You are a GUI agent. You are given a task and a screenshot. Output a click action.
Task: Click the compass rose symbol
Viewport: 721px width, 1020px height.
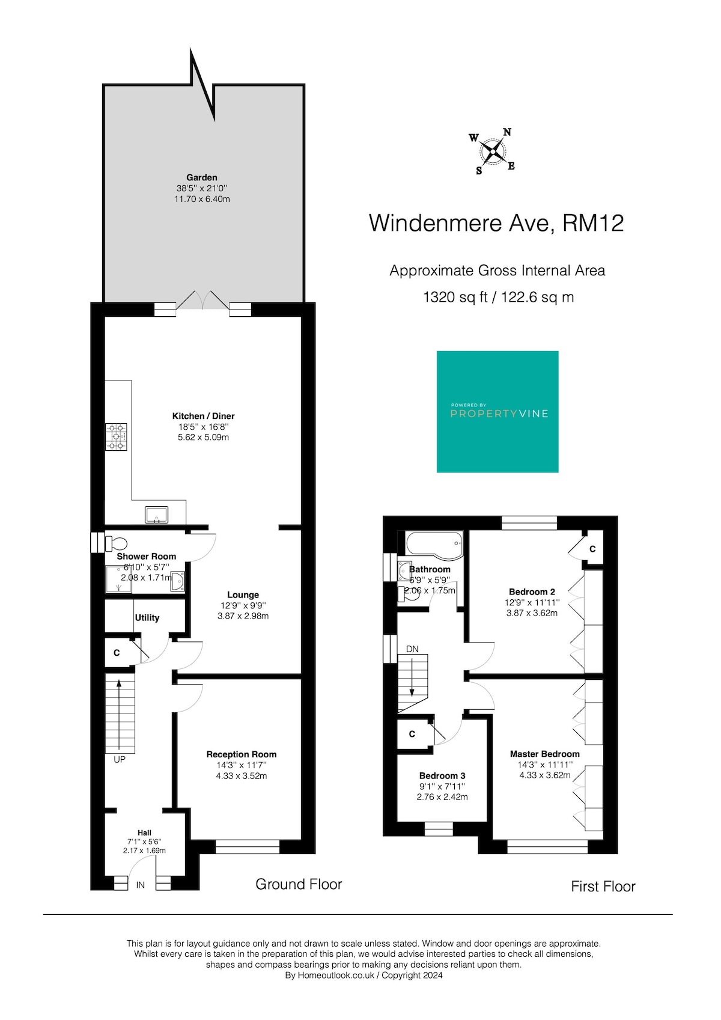492,151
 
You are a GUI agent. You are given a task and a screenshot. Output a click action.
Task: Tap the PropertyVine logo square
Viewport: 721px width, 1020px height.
497,412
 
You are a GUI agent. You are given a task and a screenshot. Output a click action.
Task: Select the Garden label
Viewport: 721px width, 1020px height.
202,177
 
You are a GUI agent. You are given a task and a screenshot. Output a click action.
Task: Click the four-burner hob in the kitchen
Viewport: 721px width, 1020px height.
116,437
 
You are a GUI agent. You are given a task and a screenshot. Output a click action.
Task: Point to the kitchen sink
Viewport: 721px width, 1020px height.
157,515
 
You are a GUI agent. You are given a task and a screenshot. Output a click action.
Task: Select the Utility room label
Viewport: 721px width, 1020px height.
147,618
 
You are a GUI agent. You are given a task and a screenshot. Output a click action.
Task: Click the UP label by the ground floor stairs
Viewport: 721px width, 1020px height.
119,760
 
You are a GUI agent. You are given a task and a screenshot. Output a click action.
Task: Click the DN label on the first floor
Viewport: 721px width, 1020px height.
412,649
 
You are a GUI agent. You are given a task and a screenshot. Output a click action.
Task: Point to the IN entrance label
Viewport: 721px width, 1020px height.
140,885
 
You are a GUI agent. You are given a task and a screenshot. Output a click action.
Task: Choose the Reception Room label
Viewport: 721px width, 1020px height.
242,754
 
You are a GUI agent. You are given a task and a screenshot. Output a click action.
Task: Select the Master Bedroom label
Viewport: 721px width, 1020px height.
545,754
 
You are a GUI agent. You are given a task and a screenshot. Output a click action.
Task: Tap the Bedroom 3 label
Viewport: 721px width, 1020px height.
442,775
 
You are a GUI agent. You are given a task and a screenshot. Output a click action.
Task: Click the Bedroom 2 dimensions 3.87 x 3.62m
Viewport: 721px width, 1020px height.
532,613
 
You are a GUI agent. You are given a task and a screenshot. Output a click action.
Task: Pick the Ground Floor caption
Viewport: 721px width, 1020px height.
299,884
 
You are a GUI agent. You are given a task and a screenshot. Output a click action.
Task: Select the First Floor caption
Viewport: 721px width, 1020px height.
603,886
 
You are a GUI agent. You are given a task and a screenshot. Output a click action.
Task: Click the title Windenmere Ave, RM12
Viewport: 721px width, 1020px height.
496,223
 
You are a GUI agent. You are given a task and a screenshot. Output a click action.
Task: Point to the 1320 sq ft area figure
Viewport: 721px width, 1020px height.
455,297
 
